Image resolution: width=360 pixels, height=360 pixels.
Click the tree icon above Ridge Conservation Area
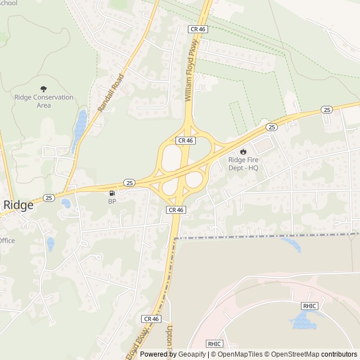44,88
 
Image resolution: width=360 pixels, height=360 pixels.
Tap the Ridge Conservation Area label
44,101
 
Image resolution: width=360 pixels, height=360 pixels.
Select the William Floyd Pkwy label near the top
192,70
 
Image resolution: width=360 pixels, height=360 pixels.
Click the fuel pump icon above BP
111,193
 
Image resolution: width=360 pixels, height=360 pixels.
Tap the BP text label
111,201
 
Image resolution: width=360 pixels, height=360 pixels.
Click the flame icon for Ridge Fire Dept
243,151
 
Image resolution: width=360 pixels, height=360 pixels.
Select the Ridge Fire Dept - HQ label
243,163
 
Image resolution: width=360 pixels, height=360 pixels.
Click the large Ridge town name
19,205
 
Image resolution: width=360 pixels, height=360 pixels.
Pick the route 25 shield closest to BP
129,183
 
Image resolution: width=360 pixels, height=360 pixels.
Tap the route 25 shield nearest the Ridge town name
49,197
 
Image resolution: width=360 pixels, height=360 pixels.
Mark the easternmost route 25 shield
326,109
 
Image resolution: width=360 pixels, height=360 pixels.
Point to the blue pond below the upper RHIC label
303,321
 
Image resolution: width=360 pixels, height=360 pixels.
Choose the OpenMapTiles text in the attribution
237,354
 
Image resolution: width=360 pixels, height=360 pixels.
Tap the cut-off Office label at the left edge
7,241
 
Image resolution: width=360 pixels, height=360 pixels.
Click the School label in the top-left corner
9,3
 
